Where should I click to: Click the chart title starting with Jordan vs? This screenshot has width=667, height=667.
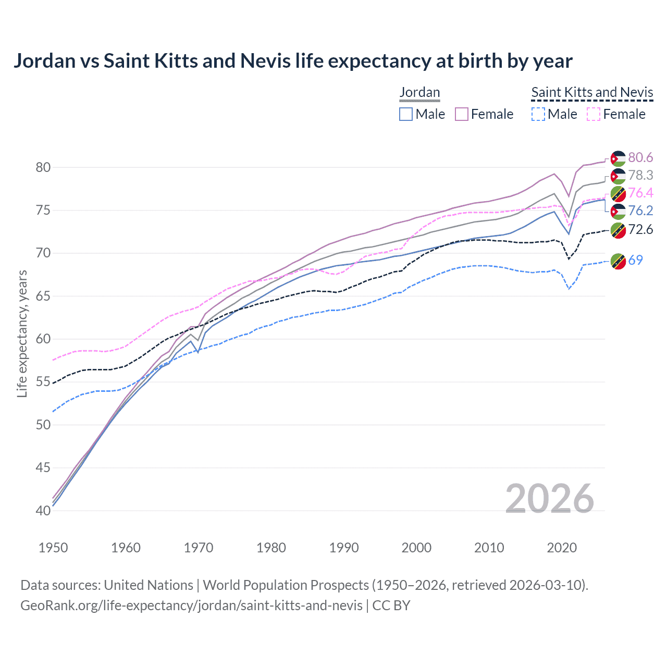tap(293, 61)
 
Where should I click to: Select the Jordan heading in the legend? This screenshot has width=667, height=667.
tap(419, 92)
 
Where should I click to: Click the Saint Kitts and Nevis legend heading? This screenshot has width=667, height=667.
tap(592, 92)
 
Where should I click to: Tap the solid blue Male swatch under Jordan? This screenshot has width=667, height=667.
tap(406, 114)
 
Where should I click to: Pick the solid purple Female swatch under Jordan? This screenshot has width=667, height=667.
tap(462, 114)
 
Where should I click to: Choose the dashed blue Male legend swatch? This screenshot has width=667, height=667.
tap(538, 114)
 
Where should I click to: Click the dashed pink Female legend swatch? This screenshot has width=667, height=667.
tap(594, 114)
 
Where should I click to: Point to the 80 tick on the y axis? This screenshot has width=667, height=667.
tap(43, 167)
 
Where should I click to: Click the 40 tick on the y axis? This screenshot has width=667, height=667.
tap(43, 511)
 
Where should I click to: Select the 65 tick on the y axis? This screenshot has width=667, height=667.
tap(43, 296)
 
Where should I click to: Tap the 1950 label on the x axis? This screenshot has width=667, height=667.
tap(53, 548)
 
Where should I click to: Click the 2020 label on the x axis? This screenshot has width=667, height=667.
tap(562, 548)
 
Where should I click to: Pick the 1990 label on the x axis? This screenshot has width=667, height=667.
tap(344, 548)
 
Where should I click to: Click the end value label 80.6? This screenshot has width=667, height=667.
tap(640, 157)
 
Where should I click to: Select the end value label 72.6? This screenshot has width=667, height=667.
tap(640, 230)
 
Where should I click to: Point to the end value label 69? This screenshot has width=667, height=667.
tap(636, 260)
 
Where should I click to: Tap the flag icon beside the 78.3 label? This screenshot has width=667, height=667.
tap(618, 176)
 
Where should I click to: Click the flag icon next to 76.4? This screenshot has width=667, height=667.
tap(618, 194)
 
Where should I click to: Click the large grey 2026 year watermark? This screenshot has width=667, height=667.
tap(549, 499)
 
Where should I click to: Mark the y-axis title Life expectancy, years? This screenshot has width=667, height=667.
tap(22, 333)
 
